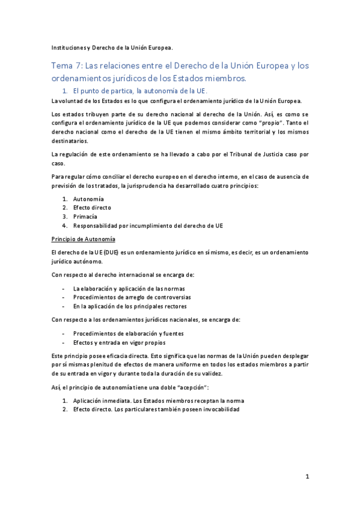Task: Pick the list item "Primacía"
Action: (x=85, y=217)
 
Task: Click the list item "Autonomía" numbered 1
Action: (x=88, y=198)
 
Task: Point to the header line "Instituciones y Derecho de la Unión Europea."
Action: (x=112, y=46)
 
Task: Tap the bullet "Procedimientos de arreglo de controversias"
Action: (x=132, y=297)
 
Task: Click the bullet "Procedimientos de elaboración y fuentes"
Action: (x=128, y=333)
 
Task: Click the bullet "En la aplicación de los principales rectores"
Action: (x=130, y=306)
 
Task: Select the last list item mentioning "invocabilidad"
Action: (x=156, y=409)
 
